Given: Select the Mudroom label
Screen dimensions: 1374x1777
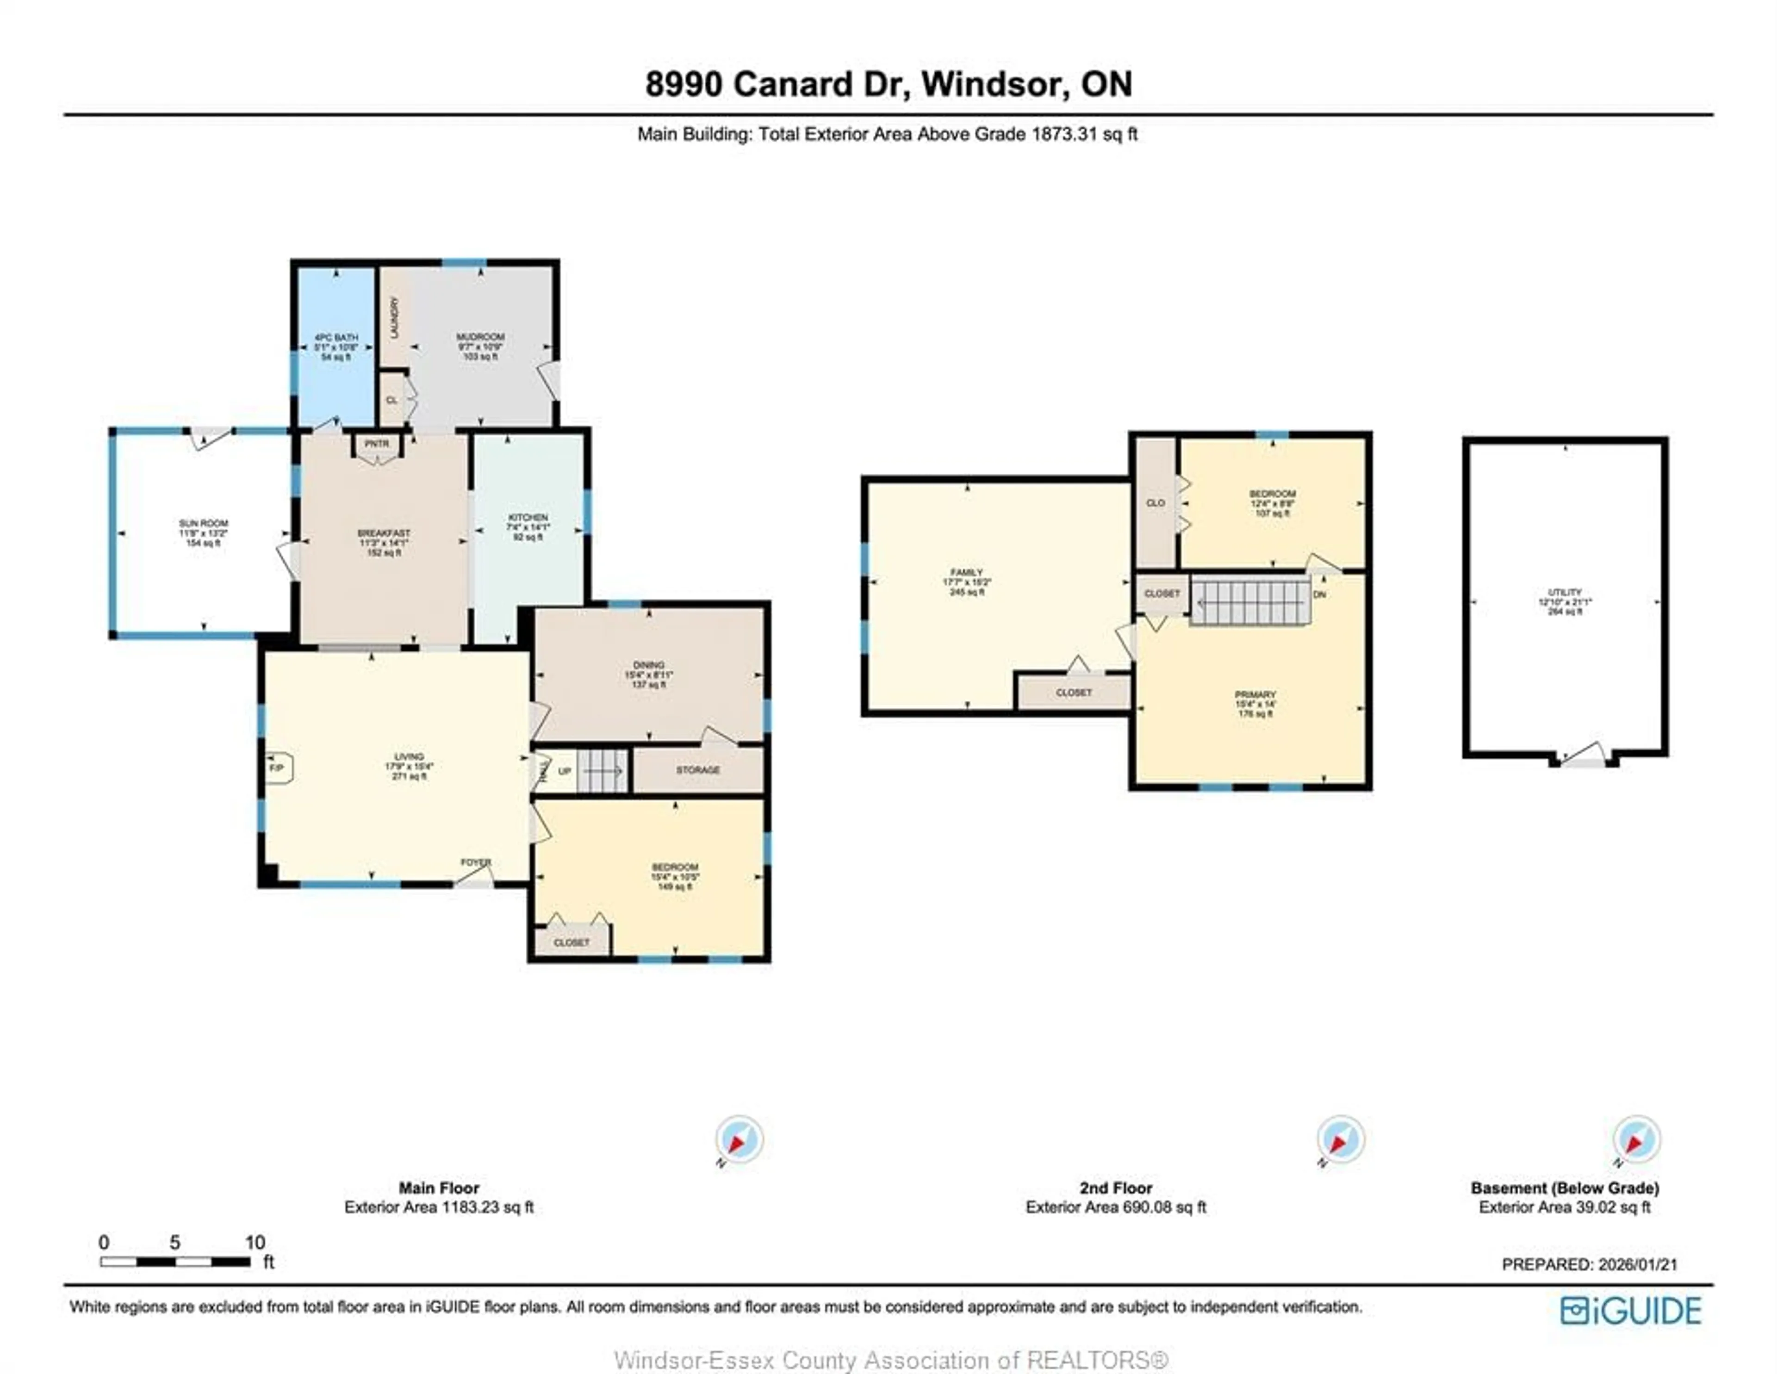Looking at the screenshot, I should tap(480, 346).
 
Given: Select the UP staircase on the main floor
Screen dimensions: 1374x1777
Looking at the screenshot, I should tap(602, 770).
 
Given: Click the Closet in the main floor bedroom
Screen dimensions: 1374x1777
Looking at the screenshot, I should tap(571, 942).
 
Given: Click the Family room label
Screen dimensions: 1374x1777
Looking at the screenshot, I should tap(967, 582).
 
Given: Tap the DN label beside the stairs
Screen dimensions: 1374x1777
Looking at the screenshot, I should tap(1320, 594).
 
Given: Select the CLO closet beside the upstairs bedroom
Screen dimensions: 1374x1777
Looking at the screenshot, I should tap(1156, 503).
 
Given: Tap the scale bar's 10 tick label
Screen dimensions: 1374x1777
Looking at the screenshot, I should tap(255, 1242).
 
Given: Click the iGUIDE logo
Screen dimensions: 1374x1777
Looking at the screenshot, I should tap(1631, 1311).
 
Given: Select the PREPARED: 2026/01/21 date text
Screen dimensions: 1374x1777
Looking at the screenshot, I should tap(1589, 1264).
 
